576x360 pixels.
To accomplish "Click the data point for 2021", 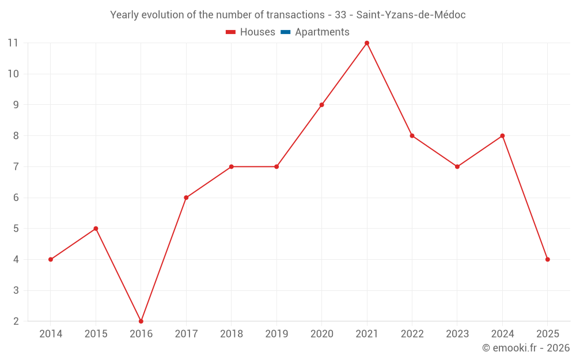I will (x=367, y=43).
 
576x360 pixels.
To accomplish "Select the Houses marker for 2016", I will (x=141, y=321).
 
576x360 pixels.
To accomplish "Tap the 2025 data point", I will (x=547, y=259).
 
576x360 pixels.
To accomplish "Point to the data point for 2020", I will (x=321, y=105).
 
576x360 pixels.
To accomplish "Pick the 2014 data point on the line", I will (x=51, y=259).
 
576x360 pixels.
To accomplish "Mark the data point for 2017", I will (x=186, y=198).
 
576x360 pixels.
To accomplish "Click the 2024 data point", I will (x=502, y=136).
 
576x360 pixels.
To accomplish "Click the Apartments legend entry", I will (x=322, y=32).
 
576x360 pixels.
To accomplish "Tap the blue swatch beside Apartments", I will (x=285, y=32).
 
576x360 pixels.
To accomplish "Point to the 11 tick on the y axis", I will (x=13, y=43).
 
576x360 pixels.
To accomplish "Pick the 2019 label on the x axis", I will (x=276, y=334).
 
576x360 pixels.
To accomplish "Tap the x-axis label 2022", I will (x=412, y=334).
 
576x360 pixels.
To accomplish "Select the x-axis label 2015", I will (x=96, y=334).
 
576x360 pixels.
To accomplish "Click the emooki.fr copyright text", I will (x=526, y=348).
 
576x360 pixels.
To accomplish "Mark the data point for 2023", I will (x=457, y=166).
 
